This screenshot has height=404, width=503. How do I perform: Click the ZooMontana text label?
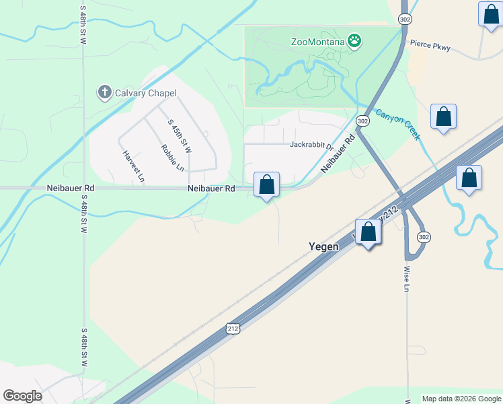(317, 42)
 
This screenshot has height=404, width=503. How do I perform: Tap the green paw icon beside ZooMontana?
(354, 42)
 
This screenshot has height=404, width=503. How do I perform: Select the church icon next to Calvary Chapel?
(104, 92)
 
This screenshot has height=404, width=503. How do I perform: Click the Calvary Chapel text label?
(145, 93)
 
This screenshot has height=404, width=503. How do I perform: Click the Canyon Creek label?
(397, 125)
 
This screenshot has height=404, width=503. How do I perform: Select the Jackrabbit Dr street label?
(311, 145)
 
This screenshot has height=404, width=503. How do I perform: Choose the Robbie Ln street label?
(172, 157)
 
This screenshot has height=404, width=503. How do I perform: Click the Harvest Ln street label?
(133, 166)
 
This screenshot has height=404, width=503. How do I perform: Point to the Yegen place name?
(323, 246)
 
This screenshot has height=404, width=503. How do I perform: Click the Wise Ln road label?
(407, 278)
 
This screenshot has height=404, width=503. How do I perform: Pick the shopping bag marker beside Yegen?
(368, 232)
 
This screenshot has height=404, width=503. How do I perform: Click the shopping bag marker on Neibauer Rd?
(266, 184)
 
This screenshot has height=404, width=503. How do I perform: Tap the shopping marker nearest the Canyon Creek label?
(444, 117)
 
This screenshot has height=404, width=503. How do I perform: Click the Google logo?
(22, 396)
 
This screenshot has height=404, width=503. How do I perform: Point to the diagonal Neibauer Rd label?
(338, 154)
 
